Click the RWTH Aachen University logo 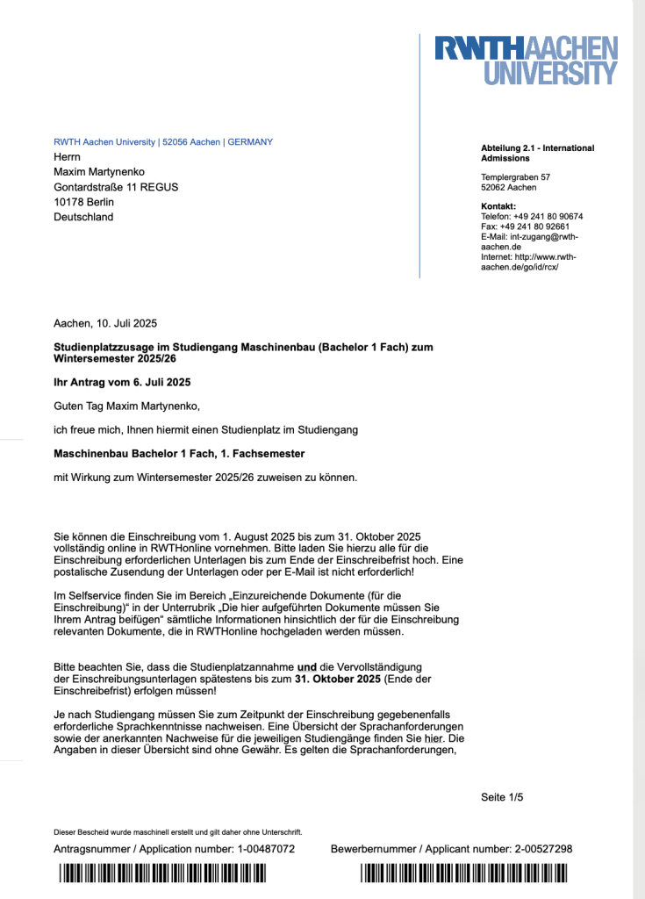pos(527,60)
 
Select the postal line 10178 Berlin pos(83,202)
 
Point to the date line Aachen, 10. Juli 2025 pos(105,324)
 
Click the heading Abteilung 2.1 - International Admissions pos(537,153)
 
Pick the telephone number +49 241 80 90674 pos(548,216)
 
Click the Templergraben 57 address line pos(516,177)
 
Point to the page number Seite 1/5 pos(502,797)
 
